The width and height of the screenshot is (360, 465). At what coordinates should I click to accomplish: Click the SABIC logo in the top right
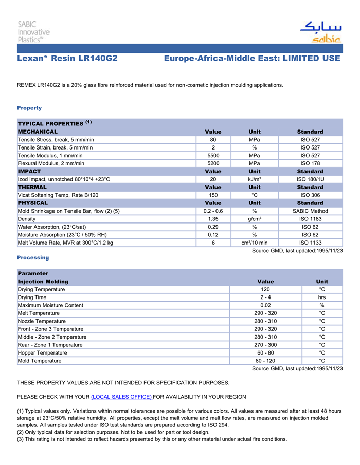click(320, 32)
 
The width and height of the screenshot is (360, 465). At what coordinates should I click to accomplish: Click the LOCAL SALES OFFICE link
click(121, 397)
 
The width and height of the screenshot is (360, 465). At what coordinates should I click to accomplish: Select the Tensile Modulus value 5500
click(213, 155)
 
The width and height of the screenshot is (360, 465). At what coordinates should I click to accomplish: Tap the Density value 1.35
click(213, 219)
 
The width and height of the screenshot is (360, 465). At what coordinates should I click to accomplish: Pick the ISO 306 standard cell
click(310, 195)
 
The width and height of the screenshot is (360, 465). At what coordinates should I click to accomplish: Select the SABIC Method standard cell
click(310, 211)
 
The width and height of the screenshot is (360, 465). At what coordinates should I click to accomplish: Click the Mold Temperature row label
click(40, 361)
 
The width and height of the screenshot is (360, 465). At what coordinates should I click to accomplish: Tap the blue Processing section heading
click(33, 257)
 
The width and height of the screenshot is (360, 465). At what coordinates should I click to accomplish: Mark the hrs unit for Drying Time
click(322, 297)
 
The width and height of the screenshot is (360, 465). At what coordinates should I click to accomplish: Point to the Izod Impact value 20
click(213, 179)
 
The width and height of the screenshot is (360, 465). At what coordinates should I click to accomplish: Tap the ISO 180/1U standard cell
click(310, 179)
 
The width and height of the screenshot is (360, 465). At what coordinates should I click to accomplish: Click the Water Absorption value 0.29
click(213, 227)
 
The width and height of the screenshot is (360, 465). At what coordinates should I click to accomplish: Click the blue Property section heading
click(29, 108)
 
